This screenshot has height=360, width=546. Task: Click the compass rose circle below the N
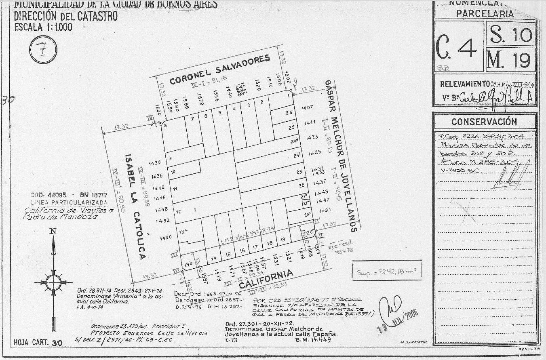(53, 282)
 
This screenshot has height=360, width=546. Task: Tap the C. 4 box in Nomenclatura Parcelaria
(458, 47)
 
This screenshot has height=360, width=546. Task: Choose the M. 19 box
(511, 60)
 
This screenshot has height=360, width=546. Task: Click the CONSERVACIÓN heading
(484, 122)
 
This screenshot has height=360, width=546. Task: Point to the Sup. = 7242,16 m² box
(387, 271)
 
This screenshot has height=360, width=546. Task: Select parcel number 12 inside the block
(178, 212)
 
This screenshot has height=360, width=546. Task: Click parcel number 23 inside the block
(299, 172)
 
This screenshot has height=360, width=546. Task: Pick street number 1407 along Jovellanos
(308, 108)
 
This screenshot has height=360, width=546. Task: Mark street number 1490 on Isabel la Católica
(166, 238)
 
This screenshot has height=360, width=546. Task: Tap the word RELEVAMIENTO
(465, 84)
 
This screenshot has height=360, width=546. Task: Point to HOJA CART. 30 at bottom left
(38, 343)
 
